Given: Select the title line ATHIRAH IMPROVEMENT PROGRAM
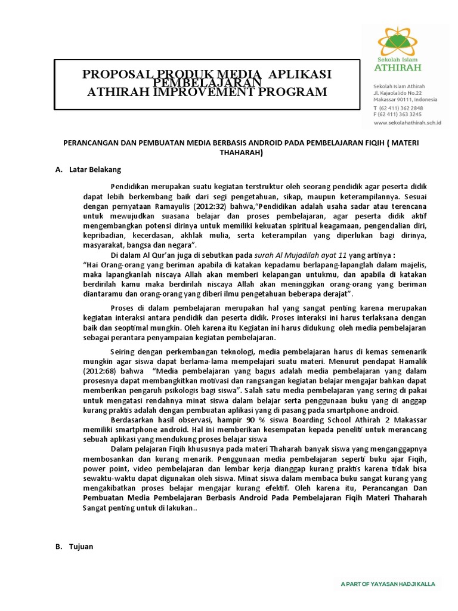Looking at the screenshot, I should (x=207, y=92).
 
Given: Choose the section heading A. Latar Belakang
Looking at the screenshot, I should (x=89, y=169).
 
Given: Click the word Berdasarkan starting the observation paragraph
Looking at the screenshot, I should (x=135, y=419).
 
